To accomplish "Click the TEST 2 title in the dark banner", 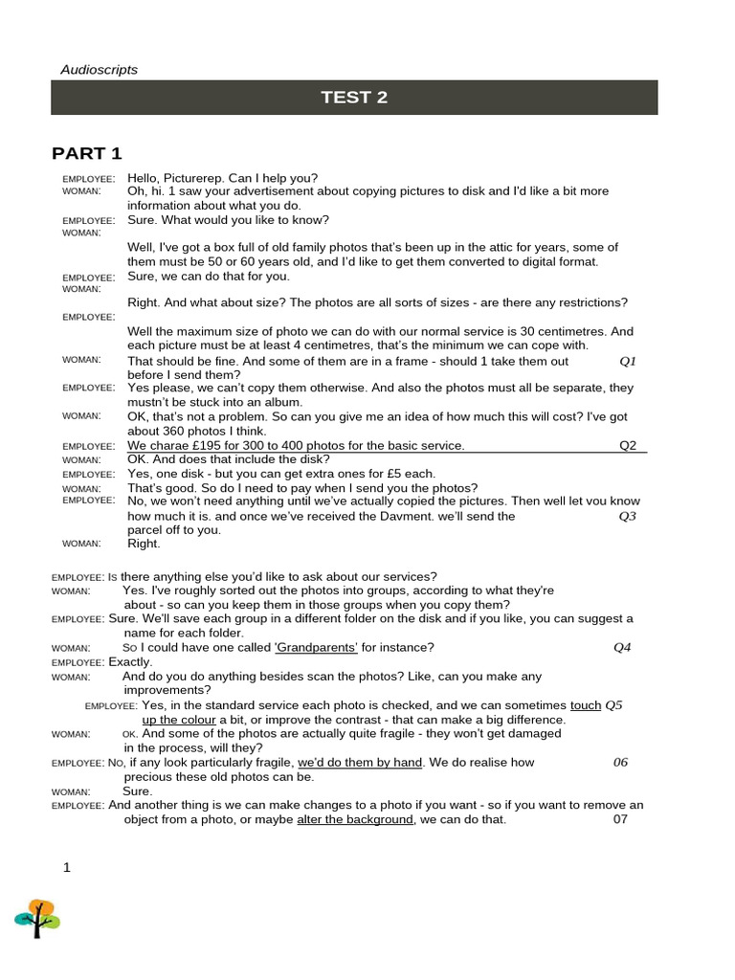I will click(354, 98).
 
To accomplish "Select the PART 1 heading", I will click(86, 154).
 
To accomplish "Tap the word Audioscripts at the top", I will click(100, 69).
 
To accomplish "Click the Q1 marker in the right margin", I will click(628, 362).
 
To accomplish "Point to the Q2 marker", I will click(628, 446).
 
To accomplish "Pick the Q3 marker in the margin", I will click(628, 516).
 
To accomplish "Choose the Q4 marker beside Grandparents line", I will click(623, 648).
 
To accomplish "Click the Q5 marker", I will click(614, 705).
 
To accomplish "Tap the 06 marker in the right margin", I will click(621, 763).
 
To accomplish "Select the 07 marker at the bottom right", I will click(620, 820).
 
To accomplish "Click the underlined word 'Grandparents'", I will click(316, 648).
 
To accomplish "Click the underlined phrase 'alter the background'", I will click(355, 820).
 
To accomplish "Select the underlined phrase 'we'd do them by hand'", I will click(360, 763).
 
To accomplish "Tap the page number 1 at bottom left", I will click(67, 868).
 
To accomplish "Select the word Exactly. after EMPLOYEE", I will click(131, 662).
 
